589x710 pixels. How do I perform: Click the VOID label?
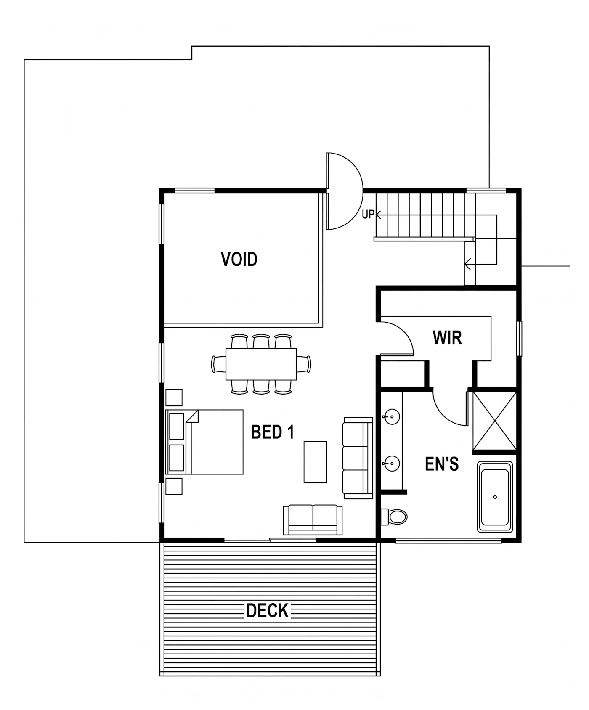pyautogui.click(x=239, y=259)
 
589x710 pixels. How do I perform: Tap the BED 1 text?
pyautogui.click(x=273, y=432)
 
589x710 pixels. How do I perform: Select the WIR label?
pyautogui.click(x=447, y=338)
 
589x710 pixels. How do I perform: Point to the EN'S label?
pyautogui.click(x=442, y=464)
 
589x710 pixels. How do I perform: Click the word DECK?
pyautogui.click(x=268, y=611)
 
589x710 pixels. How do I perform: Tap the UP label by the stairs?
pyautogui.click(x=368, y=215)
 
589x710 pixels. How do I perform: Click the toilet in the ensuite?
pyautogui.click(x=394, y=517)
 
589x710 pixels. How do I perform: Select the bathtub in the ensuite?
pyautogui.click(x=495, y=497)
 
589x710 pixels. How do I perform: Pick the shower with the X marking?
pyautogui.click(x=495, y=421)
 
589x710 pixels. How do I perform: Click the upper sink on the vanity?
pyautogui.click(x=392, y=417)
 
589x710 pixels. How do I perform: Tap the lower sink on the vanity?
pyautogui.click(x=392, y=464)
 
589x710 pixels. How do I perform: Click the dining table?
pyautogui.click(x=261, y=364)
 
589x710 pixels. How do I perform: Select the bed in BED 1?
pyautogui.click(x=205, y=442)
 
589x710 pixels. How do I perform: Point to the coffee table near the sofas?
pyautogui.click(x=315, y=462)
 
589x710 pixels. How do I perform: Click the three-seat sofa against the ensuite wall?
pyautogui.click(x=358, y=458)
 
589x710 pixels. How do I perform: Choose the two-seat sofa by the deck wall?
pyautogui.click(x=313, y=520)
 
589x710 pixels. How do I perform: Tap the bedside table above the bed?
pyautogui.click(x=174, y=397)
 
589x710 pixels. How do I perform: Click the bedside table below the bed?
pyautogui.click(x=174, y=486)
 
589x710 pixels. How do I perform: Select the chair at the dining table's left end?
pyautogui.click(x=218, y=364)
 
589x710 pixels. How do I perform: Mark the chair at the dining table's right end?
pyautogui.click(x=304, y=364)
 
